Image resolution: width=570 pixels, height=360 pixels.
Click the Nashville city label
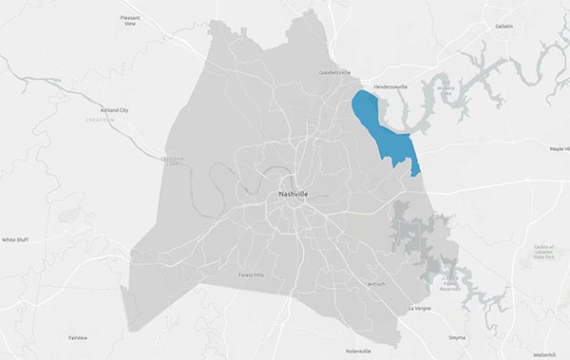point(292,194)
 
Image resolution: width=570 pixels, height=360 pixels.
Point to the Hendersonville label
point(390,86)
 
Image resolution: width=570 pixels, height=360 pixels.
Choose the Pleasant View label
point(130,20)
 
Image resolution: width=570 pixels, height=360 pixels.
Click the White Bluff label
point(15,240)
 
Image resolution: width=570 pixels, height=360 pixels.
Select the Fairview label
point(78,337)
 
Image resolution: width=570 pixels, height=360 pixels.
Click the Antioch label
point(377,283)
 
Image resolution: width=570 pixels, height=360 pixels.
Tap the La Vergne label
point(419,309)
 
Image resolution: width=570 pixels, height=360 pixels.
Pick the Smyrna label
point(457,337)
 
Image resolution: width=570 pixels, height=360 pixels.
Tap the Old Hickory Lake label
point(445,90)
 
